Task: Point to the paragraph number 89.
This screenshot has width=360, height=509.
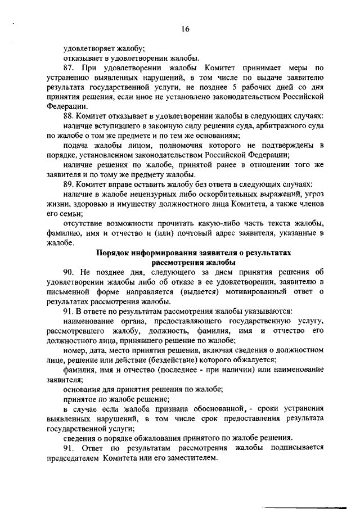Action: tap(69, 185)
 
